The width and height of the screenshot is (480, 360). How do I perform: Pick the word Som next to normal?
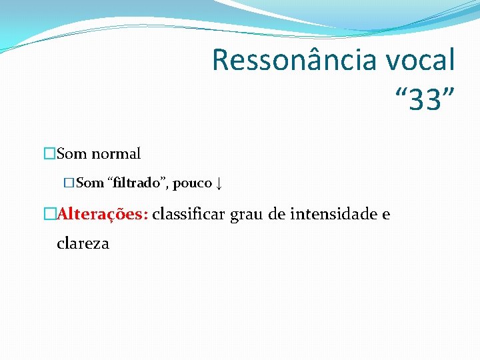(72, 154)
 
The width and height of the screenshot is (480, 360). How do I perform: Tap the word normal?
(116, 154)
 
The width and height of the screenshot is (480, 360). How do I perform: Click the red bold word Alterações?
(103, 214)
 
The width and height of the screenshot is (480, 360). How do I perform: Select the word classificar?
(190, 214)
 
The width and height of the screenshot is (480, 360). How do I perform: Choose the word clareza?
(83, 243)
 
